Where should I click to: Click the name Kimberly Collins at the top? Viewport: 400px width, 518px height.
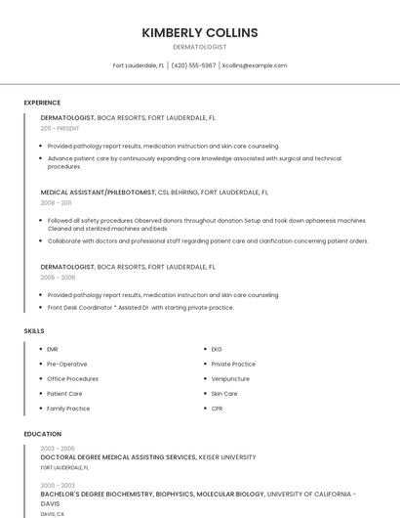[200, 32]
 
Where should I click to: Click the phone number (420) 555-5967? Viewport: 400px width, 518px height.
[193, 65]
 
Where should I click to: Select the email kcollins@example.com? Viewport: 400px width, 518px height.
[255, 65]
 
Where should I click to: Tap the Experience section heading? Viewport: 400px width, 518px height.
[42, 103]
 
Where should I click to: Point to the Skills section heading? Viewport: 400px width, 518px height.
[34, 331]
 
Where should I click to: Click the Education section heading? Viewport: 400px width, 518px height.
[43, 434]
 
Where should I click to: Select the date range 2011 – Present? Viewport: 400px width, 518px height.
[60, 128]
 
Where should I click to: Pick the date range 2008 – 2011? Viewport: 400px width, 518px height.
[56, 203]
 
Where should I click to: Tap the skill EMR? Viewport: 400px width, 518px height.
[53, 349]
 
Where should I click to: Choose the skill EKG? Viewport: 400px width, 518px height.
[217, 349]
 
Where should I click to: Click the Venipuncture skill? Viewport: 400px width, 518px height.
[230, 378]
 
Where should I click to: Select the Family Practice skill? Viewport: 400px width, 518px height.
[68, 409]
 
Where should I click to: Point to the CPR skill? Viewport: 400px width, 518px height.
[217, 409]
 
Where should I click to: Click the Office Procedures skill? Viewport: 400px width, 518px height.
[72, 378]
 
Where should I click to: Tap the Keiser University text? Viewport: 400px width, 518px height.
[227, 456]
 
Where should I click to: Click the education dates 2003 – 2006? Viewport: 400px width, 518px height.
[58, 448]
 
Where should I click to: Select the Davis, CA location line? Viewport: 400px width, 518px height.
[53, 513]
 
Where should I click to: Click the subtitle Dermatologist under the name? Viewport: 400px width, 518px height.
[200, 47]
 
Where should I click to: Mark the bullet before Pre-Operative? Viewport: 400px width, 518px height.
[39, 364]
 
